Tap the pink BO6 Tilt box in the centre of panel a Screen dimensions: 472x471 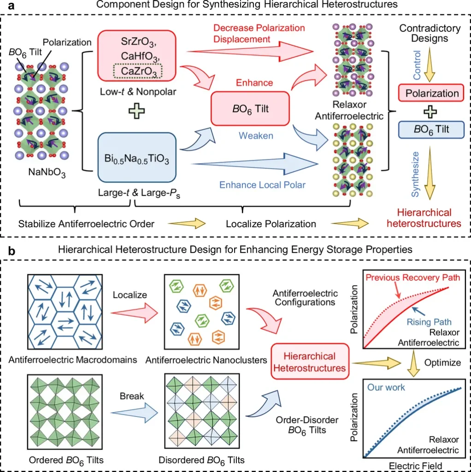tap(250, 108)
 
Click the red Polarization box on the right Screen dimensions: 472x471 tap(432, 94)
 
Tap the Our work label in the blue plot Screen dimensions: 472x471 tap(386, 387)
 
